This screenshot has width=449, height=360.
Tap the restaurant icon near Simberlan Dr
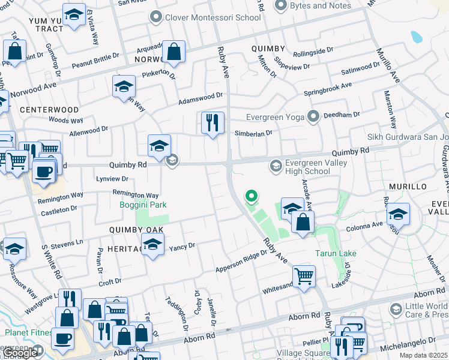tap(212, 124)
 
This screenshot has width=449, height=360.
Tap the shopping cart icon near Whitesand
tap(304, 277)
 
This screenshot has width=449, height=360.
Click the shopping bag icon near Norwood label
tap(173, 53)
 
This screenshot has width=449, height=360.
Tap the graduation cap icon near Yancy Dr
tap(153, 245)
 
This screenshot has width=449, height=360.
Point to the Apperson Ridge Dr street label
tap(241, 262)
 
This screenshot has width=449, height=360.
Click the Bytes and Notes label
tap(321, 5)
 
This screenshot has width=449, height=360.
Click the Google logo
tap(20, 353)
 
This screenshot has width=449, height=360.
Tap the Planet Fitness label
tap(27, 332)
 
